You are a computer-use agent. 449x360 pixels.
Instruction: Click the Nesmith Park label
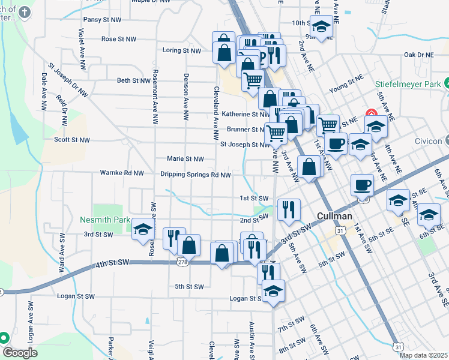[105, 220]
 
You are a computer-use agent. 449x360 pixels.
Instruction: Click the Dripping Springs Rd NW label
[195, 175]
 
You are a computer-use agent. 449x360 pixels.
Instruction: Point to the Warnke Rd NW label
[122, 173]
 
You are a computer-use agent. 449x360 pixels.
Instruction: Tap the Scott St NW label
[71, 140]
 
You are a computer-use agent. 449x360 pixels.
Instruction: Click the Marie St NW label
[185, 159]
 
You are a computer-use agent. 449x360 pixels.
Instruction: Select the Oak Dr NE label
[418, 55]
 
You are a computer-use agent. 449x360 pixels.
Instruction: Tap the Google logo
[19, 352]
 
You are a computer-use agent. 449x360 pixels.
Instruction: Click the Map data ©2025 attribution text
[423, 355]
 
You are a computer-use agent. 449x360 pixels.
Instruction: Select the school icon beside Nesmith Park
[143, 229]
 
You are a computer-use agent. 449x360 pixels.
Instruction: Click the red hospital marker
[370, 114]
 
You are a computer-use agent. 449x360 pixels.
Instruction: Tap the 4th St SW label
[112, 263]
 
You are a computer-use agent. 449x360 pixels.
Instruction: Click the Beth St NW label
[133, 80]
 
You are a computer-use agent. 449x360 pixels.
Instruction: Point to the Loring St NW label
[181, 50]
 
